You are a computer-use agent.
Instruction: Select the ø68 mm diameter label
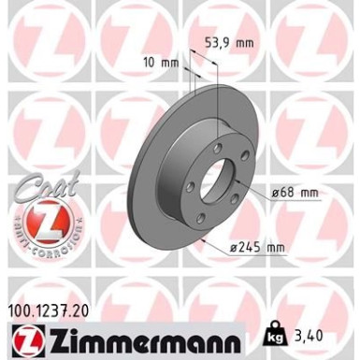pos(295,193)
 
